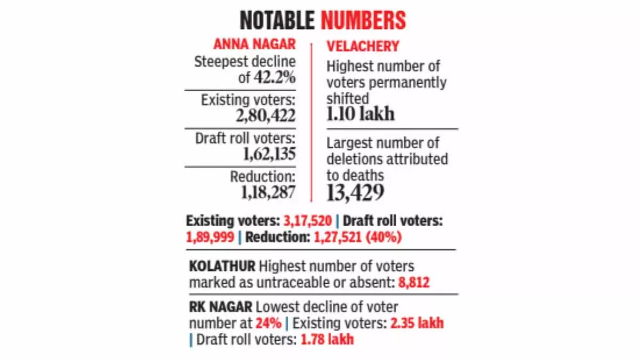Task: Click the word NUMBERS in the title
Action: (x=363, y=20)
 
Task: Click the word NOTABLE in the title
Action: (x=277, y=20)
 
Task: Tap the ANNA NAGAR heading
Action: (x=254, y=44)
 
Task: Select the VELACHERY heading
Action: (x=363, y=46)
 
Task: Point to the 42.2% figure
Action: (x=275, y=77)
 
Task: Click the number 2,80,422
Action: (x=266, y=115)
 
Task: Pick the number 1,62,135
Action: (x=269, y=154)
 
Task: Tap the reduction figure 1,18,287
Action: (x=268, y=193)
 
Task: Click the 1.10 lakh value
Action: (x=361, y=114)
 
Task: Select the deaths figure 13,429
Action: (x=355, y=193)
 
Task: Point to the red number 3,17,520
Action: (x=307, y=221)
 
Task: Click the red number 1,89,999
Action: (x=210, y=237)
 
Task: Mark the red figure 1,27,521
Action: (x=338, y=237)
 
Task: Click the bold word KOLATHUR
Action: (x=222, y=266)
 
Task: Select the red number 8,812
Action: (x=414, y=283)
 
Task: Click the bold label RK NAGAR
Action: (x=221, y=307)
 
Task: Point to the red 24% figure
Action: (x=268, y=323)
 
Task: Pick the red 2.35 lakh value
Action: (x=417, y=323)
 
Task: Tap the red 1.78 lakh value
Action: (x=327, y=340)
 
